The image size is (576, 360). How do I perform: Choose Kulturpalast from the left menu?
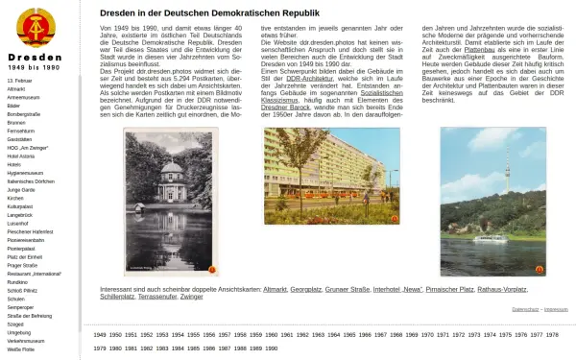(x=21, y=205)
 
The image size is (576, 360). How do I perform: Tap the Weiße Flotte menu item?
(x=21, y=350)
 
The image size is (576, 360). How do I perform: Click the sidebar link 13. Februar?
(x=19, y=80)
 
